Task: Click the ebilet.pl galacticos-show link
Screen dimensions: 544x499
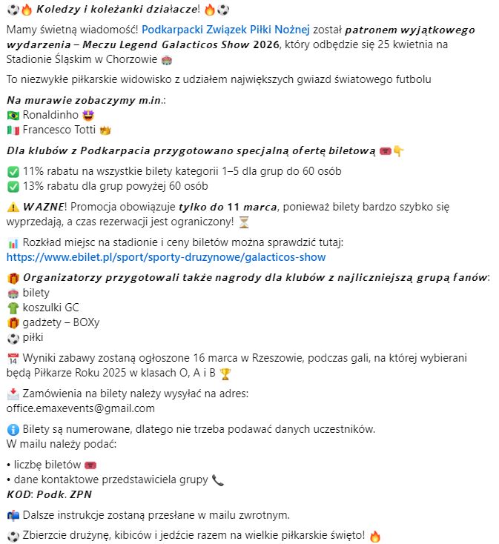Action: tap(165, 257)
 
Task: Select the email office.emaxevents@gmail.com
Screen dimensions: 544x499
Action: tap(81, 408)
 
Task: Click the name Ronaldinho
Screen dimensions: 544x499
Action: tap(46, 115)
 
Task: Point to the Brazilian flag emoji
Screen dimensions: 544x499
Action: tap(13, 115)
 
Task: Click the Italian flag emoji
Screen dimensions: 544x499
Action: tap(13, 130)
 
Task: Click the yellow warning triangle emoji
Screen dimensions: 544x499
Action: tap(13, 207)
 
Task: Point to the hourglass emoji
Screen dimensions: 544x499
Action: tap(244, 222)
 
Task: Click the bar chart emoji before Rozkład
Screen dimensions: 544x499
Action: tap(13, 242)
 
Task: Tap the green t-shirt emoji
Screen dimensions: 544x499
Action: tap(13, 308)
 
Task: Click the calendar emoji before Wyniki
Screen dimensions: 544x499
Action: tap(13, 358)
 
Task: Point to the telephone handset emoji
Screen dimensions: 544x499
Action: tap(218, 480)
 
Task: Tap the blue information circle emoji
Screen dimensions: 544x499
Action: tap(13, 429)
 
